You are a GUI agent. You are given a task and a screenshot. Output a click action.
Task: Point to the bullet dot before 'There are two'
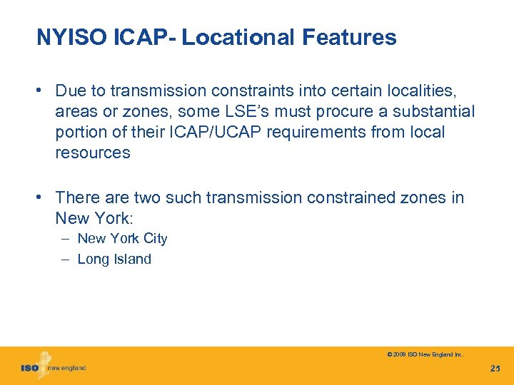[x=44, y=197]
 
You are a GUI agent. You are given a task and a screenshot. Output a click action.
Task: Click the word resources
[x=92, y=153]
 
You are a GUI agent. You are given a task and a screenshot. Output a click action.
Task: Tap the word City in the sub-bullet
[x=155, y=239]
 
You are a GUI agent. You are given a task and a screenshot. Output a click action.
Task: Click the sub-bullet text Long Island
[x=114, y=260]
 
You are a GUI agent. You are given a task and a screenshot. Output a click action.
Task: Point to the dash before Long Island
[x=64, y=260]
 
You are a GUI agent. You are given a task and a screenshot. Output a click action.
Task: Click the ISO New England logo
[x=54, y=366]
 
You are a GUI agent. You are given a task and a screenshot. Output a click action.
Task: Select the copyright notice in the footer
[x=425, y=354]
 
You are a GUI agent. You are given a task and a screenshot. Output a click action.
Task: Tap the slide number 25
[x=495, y=368]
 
